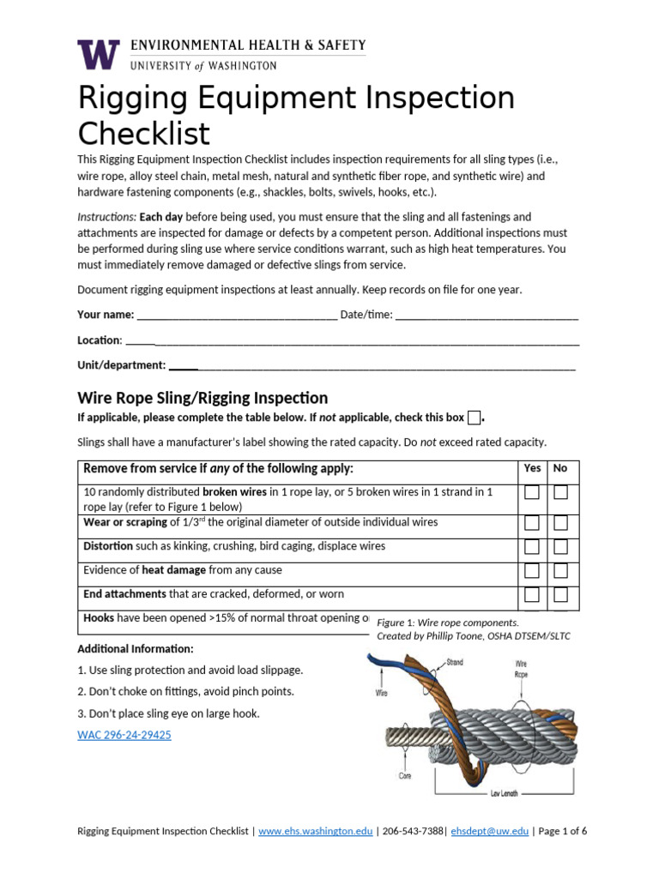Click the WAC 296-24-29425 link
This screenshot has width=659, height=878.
[x=124, y=735]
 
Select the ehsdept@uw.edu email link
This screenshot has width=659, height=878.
[x=490, y=831]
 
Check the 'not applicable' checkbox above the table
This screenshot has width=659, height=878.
[x=474, y=418]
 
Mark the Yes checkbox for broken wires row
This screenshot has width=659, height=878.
[x=532, y=492]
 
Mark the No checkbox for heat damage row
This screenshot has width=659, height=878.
[x=560, y=570]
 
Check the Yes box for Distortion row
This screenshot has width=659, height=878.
[x=532, y=546]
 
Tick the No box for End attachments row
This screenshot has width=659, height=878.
[x=560, y=594]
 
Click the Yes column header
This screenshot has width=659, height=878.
[x=532, y=468]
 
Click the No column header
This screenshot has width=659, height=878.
[x=560, y=468]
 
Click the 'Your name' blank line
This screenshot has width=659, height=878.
[x=237, y=316]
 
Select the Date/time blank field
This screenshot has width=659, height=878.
[x=487, y=316]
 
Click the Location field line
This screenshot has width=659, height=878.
[x=352, y=340]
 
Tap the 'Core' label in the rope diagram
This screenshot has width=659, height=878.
[x=404, y=775]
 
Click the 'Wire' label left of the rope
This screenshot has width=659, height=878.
[x=383, y=694]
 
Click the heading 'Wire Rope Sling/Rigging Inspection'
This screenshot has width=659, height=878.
[x=203, y=398]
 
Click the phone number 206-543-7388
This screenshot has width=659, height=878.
[x=412, y=831]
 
